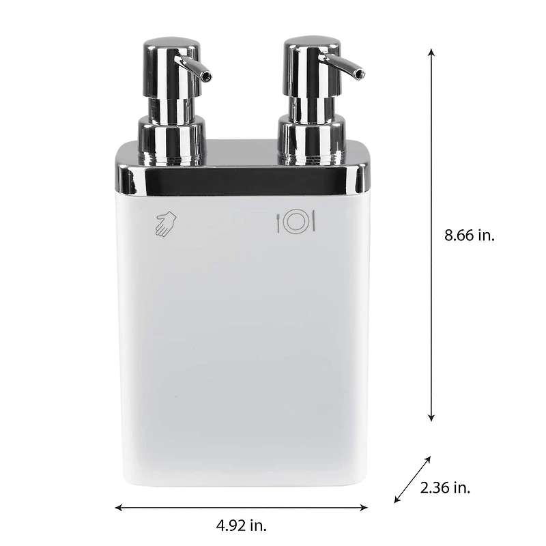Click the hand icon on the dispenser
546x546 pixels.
click(165, 223)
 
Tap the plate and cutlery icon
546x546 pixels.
click(297, 222)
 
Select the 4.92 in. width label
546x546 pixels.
click(242, 526)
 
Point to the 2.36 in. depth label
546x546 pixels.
click(446, 488)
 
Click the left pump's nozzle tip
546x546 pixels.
click(206, 76)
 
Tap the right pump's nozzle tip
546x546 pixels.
click(359, 73)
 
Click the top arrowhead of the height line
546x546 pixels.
click(431, 53)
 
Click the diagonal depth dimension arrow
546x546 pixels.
click(413, 480)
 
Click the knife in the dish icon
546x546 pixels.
click(313, 222)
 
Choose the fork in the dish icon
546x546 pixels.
click(280, 222)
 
